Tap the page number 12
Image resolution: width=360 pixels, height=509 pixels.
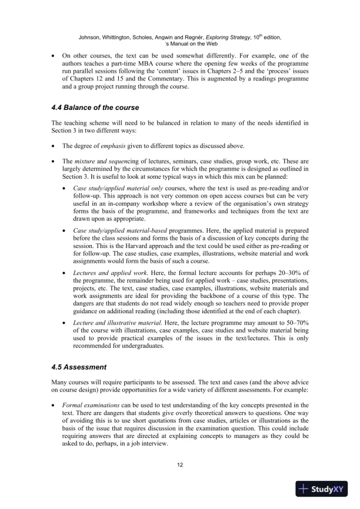coord(179,465)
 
